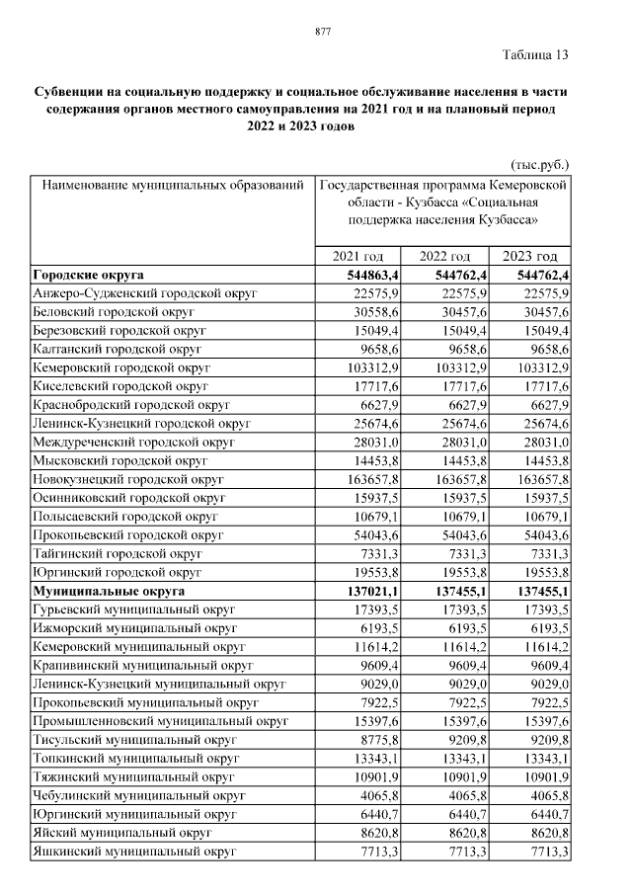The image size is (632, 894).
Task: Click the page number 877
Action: pyautogui.click(x=322, y=33)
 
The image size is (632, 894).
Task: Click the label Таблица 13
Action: pyautogui.click(x=535, y=54)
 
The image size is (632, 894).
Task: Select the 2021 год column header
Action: pyautogui.click(x=359, y=256)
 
